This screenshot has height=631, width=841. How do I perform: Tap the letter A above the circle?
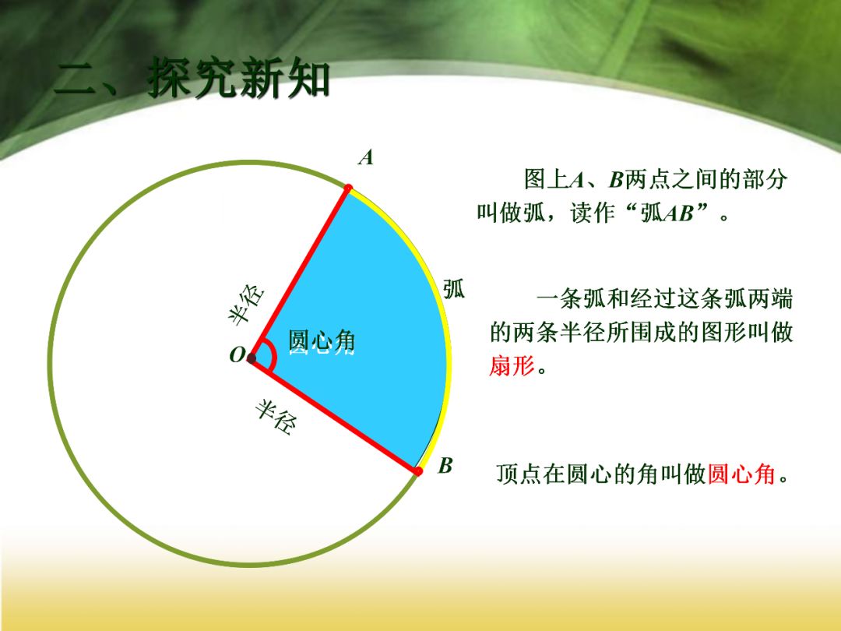365,158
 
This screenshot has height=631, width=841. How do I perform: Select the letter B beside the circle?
445,466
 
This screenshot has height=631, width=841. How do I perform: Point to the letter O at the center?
236,356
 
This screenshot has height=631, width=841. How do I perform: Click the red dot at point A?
348,188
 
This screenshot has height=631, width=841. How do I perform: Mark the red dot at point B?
418,471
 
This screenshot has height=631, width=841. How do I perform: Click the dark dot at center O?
251,358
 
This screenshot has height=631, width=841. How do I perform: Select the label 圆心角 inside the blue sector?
322,341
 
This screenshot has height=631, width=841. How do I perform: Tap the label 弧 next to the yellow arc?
454,288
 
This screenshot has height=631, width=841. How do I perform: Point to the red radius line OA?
300,273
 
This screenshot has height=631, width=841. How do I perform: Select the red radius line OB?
335,415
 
